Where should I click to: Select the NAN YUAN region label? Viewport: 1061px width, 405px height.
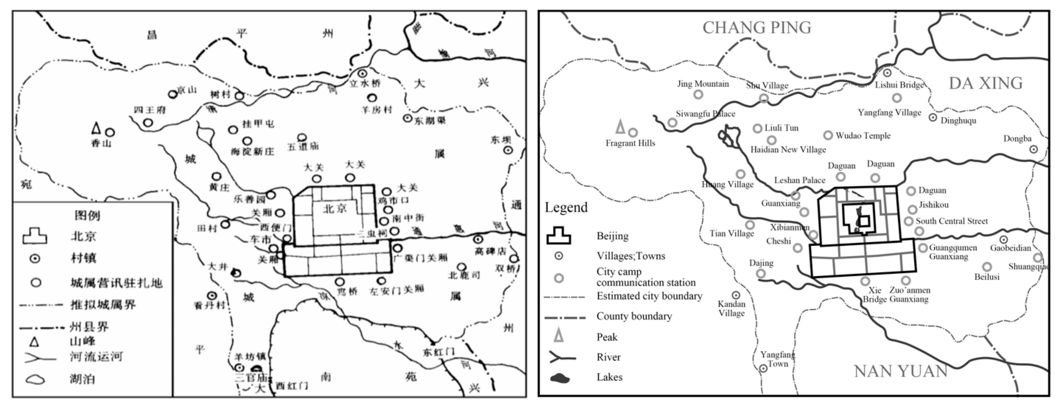point(901,371)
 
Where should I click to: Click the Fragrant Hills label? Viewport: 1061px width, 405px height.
point(630,143)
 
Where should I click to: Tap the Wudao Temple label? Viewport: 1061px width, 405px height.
point(863,136)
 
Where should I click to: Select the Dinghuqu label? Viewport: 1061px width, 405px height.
point(958,121)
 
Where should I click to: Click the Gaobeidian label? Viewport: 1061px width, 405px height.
point(1010,248)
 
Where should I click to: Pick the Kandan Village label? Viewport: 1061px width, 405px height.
point(731,309)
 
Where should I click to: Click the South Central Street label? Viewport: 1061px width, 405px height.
point(951,221)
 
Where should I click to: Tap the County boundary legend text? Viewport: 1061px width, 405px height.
point(634,316)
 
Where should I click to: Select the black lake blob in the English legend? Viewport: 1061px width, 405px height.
point(559,378)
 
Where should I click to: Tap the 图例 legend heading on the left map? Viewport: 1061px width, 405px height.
point(87,215)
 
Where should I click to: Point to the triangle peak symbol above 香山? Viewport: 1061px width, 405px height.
point(96,128)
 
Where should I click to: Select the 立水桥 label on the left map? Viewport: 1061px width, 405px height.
point(365,83)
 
